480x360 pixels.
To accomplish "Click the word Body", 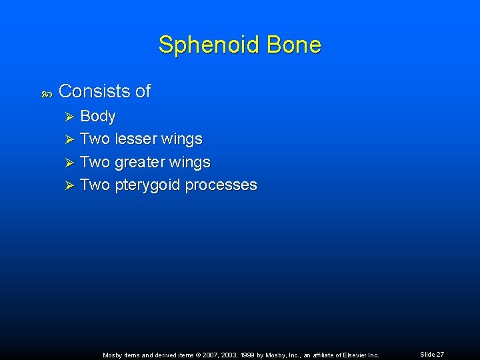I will click(x=97, y=117).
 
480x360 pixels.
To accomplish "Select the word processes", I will click(x=221, y=185).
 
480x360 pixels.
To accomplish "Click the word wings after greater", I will click(x=191, y=163).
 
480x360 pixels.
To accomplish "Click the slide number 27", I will click(x=439, y=355).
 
